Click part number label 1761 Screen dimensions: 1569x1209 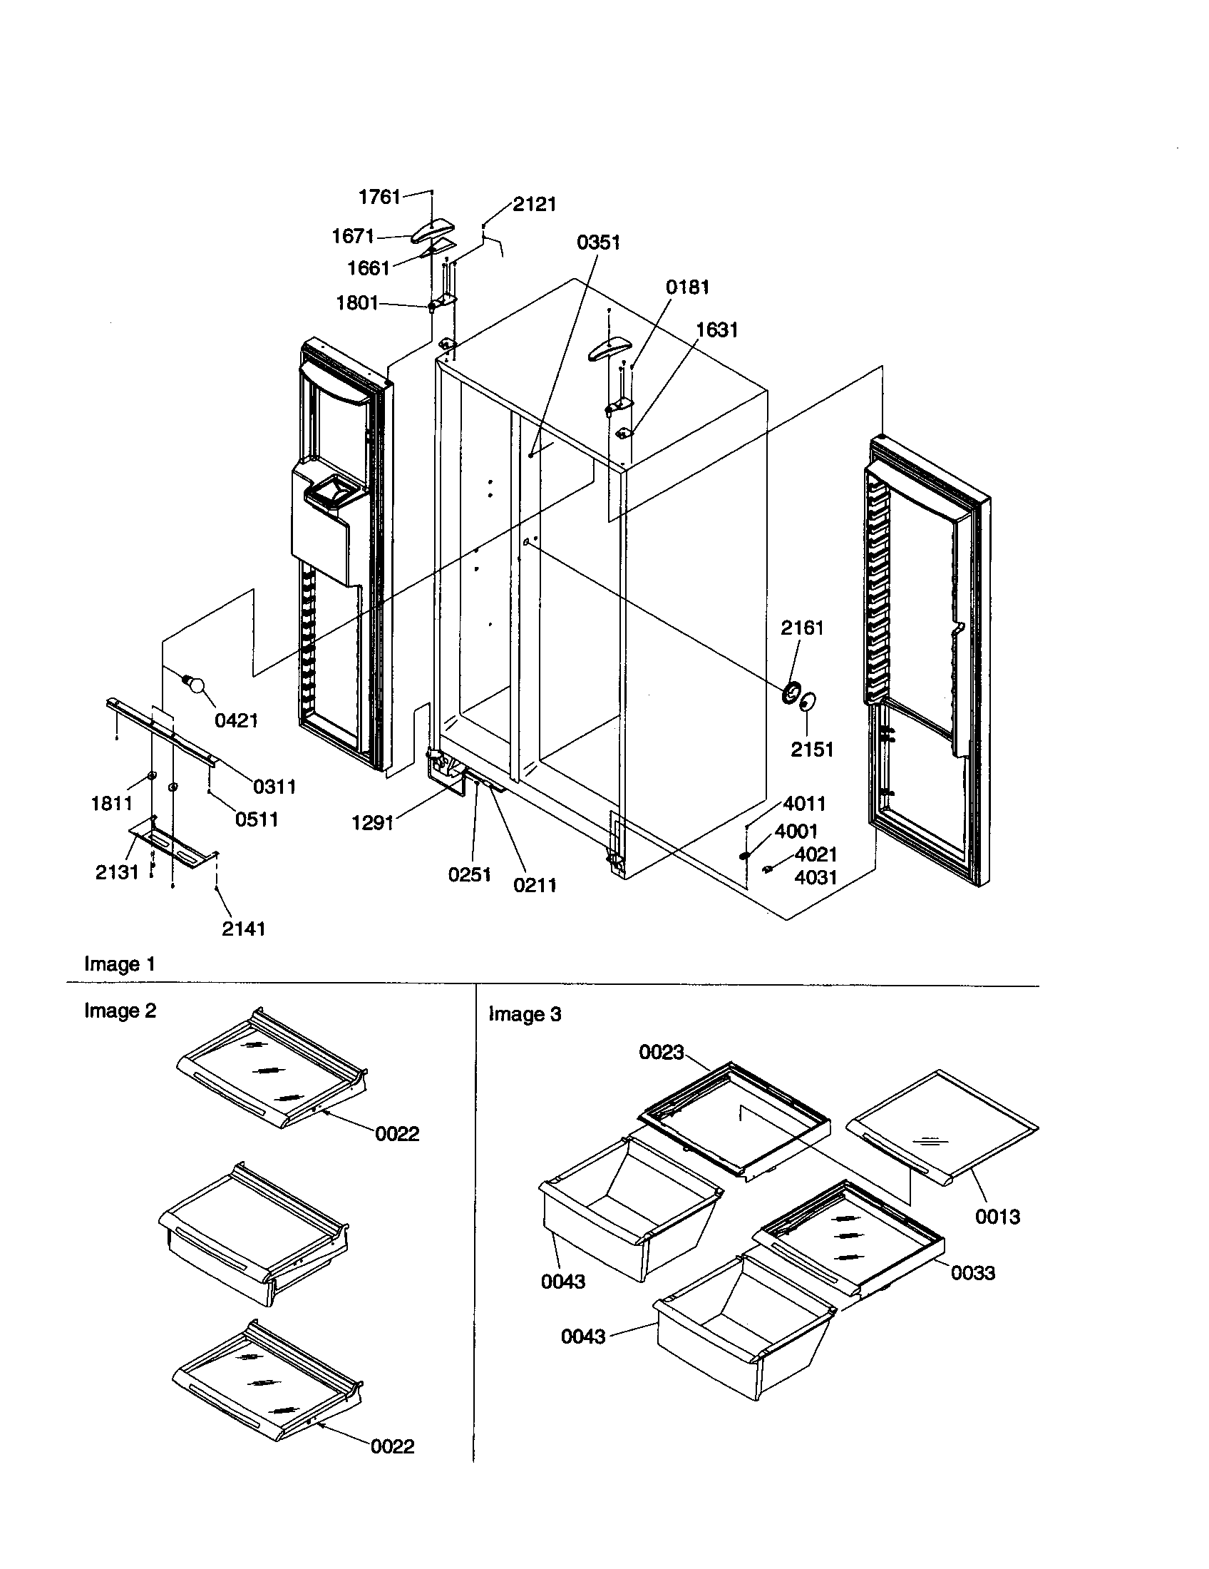(379, 197)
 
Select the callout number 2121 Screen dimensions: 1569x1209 (534, 205)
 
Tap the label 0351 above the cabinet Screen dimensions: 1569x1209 (598, 242)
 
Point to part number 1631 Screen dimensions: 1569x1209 (716, 329)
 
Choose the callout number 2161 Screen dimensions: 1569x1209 (802, 628)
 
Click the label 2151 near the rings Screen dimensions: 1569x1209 (812, 750)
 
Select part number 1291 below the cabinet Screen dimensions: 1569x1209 (372, 822)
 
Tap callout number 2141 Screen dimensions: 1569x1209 (243, 929)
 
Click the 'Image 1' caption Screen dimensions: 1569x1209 (119, 964)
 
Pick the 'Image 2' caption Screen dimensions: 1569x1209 (120, 1011)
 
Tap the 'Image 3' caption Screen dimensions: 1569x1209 (524, 1014)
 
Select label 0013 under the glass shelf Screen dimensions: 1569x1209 (997, 1216)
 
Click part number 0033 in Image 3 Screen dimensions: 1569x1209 (973, 1273)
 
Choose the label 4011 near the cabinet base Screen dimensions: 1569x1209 (804, 803)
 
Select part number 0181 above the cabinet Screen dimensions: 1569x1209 (687, 287)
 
